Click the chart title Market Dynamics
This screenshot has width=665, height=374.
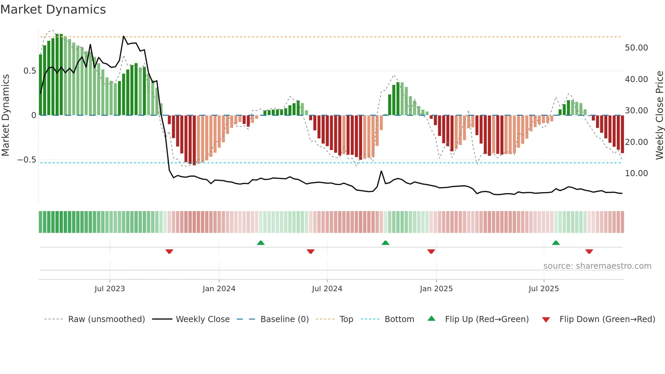pos(53,10)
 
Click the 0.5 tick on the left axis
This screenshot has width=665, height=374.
pos(30,71)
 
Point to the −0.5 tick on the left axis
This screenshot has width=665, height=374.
pos(26,160)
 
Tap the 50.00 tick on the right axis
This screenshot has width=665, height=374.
pos(636,48)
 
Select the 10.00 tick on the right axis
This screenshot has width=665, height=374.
pos(636,173)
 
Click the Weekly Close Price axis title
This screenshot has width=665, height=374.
pos(659,115)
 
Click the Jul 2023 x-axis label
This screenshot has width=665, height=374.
pos(110,289)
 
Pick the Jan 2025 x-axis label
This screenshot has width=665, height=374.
pos(436,289)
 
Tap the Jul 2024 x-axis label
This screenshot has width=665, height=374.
pos(327,289)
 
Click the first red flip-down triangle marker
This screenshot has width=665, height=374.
pos(169,251)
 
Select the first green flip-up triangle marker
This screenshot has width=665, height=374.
pos(261,243)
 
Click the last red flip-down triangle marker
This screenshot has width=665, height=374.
pos(589,251)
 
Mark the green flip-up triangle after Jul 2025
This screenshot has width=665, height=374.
pos(556,243)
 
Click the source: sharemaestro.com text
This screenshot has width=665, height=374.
pos(597,266)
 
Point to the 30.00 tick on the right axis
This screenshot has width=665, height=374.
pos(636,111)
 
